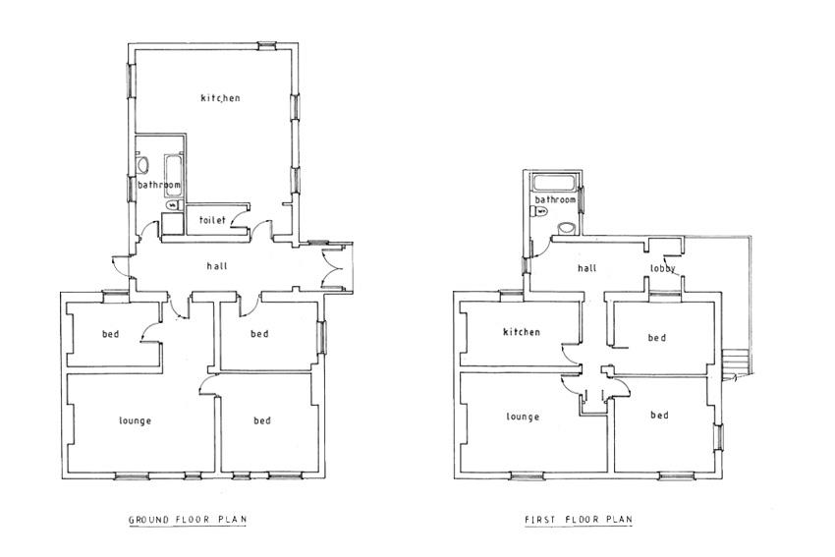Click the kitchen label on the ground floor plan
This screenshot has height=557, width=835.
tap(220, 98)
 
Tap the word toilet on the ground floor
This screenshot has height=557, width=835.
tap(212, 219)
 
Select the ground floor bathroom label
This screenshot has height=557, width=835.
tap(159, 185)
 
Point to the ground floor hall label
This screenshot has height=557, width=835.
tap(217, 265)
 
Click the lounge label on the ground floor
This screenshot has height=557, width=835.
tap(136, 420)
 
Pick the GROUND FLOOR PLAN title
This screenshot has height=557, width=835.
tap(188, 520)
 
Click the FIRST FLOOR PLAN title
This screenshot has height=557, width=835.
tap(579, 520)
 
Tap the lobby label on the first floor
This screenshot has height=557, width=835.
tap(663, 268)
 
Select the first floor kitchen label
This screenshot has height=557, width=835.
tap(522, 332)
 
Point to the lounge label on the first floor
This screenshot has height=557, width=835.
tap(523, 417)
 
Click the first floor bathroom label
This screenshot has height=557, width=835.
tap(555, 199)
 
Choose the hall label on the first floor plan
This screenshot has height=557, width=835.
tap(587, 268)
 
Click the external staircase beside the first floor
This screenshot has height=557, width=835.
tap(736, 362)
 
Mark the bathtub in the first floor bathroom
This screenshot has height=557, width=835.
tap(554, 183)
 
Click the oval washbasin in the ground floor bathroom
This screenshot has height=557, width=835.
tap(142, 164)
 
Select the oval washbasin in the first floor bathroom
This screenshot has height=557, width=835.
tap(566, 229)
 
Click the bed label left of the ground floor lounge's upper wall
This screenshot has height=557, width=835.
tap(111, 334)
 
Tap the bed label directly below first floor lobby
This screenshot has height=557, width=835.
tap(657, 338)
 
